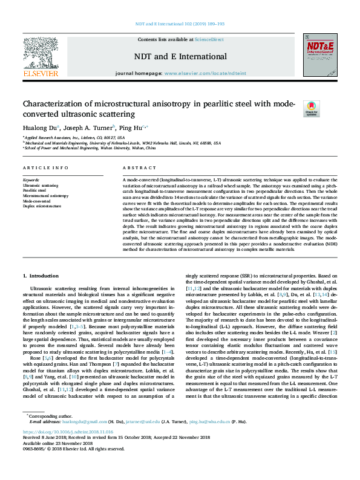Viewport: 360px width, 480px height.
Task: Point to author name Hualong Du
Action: [39, 128]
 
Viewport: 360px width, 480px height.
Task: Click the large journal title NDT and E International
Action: [180, 57]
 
